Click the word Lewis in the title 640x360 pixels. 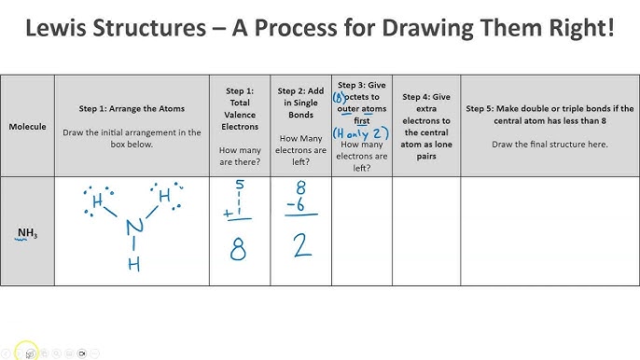pos(63,30)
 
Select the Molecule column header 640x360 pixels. pos(27,125)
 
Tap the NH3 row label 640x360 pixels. pos(27,233)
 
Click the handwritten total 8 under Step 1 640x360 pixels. pos(240,250)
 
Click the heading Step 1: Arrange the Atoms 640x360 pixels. pos(132,109)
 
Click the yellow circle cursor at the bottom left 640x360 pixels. pos(28,352)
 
